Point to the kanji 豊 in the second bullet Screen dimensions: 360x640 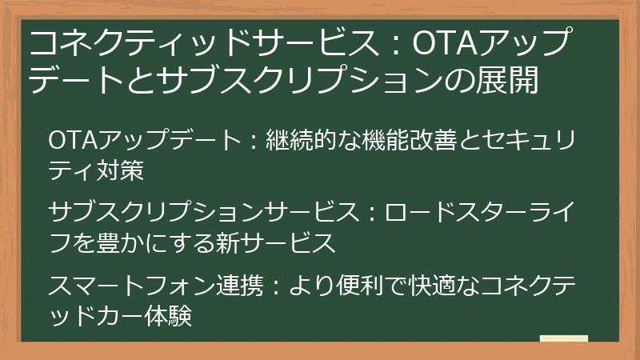[x=108, y=242]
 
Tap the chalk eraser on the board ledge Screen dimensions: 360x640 [x=563, y=340]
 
